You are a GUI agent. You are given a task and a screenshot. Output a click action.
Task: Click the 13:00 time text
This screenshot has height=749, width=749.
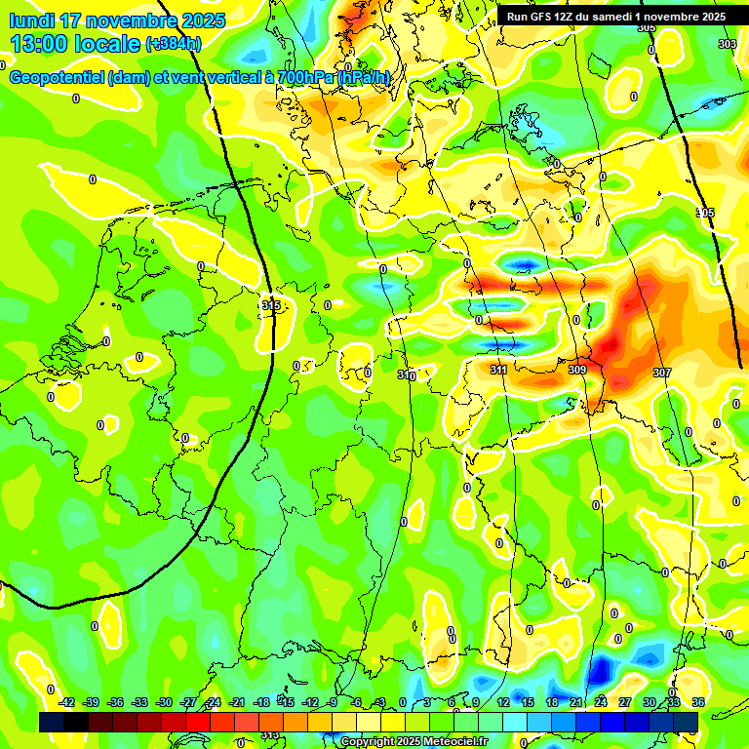pos(40,43)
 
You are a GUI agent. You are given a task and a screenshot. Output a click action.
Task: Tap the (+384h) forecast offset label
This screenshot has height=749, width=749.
pos(173,44)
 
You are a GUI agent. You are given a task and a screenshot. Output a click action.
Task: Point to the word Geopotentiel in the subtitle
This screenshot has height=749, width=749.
pos(57,78)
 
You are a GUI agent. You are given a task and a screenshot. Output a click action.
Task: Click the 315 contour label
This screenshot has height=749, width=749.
pos(271,305)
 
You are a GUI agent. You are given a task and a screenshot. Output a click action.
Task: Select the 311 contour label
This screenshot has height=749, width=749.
pos(498,371)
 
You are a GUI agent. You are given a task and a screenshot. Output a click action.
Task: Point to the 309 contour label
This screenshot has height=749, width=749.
pos(577,371)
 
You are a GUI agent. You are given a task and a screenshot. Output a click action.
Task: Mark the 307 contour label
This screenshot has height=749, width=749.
pos(662,374)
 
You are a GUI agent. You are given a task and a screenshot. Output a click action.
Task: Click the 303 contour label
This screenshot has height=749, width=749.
pos(728,44)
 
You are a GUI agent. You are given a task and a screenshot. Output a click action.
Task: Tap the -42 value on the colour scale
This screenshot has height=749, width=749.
pos(66,702)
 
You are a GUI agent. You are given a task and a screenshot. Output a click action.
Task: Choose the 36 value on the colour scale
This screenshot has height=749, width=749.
pos(698,702)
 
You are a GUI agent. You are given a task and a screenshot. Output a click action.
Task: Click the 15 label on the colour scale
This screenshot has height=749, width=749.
pos(528,702)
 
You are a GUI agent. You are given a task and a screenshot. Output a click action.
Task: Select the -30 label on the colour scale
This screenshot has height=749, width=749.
pos(164,702)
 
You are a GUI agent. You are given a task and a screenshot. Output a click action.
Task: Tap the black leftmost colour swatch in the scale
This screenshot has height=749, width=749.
pos(52,722)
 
